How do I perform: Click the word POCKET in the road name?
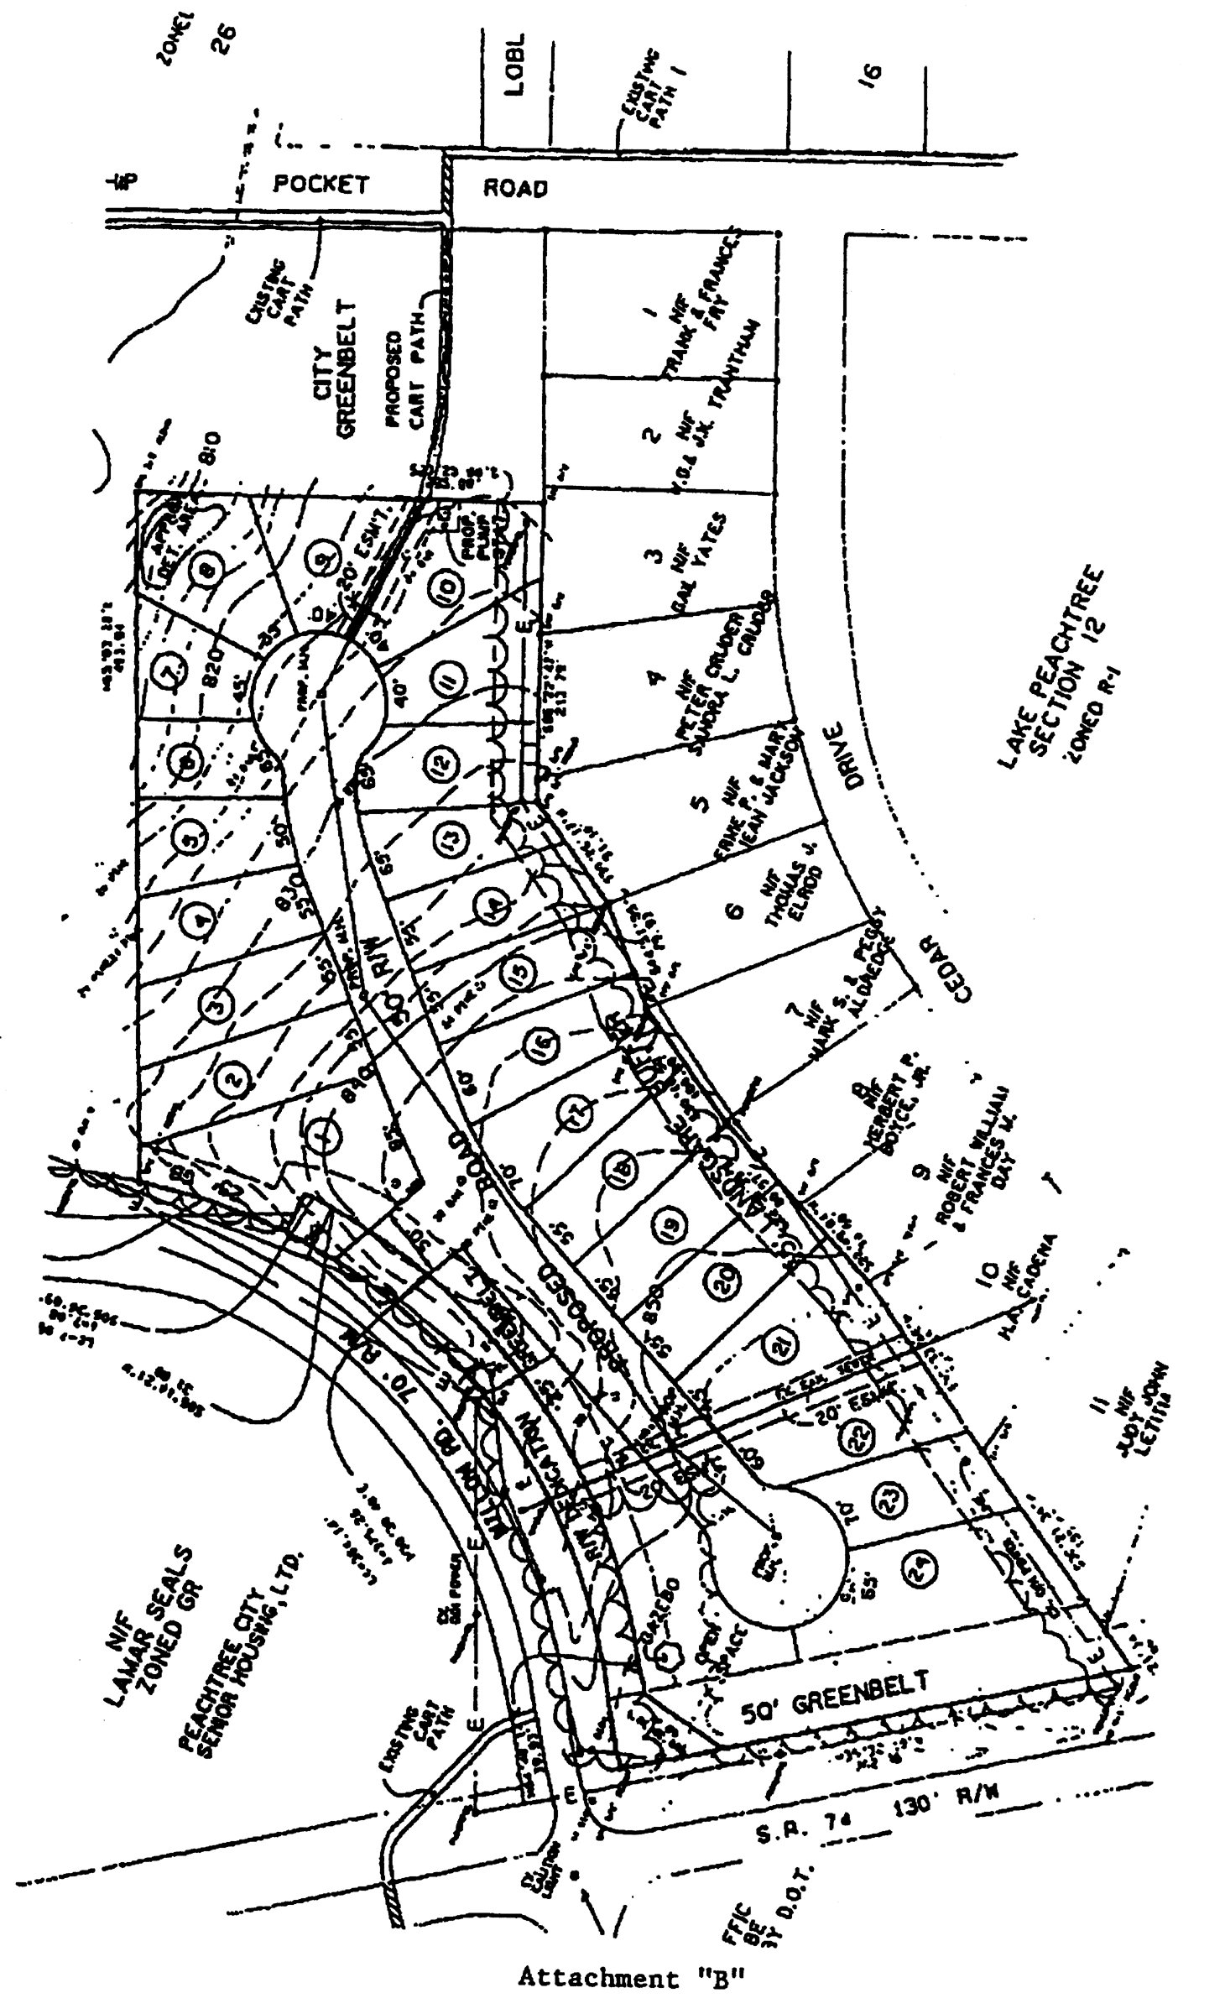click(321, 184)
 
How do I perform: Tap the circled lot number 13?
click(452, 837)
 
